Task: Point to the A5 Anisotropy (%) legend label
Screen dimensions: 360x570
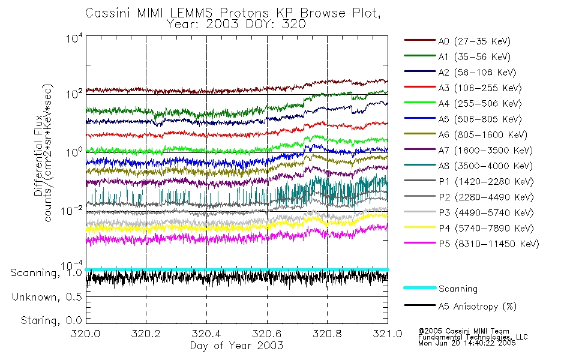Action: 477,307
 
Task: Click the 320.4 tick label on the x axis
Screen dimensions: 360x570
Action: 206,334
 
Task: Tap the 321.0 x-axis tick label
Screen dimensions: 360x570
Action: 387,334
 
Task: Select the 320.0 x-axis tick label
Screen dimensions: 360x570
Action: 86,334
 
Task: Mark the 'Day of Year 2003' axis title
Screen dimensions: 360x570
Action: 236,346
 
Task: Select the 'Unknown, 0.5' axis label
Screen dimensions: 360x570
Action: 47,297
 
